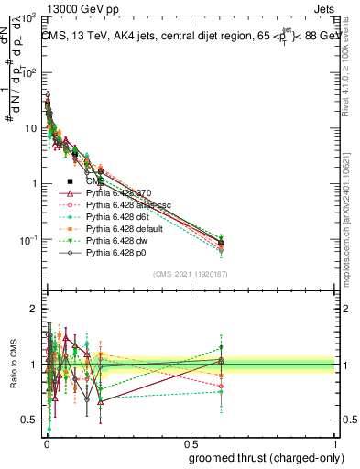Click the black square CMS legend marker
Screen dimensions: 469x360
coord(70,182)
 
